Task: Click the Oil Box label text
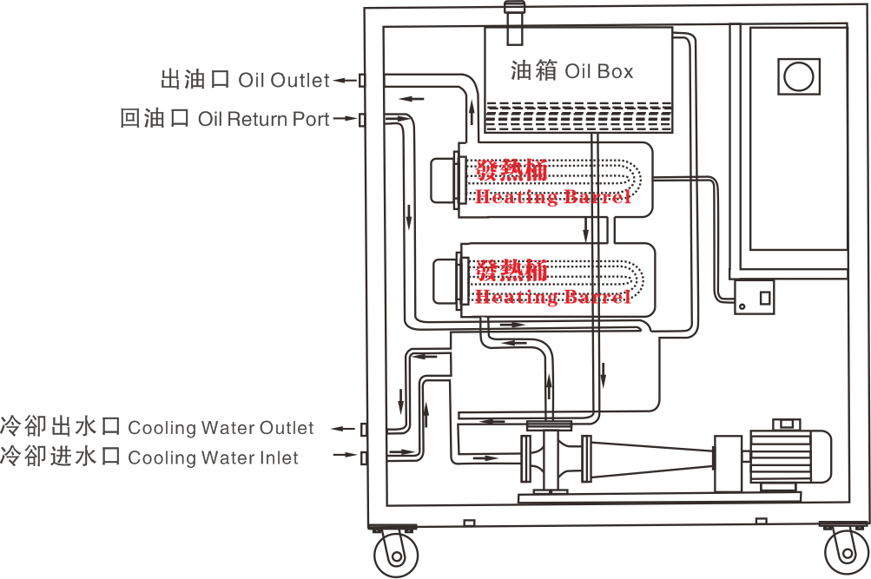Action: click(571, 71)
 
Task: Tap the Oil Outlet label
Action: click(246, 80)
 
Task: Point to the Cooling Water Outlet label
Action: click(157, 427)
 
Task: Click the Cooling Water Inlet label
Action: click(149, 457)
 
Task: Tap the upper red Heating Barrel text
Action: click(552, 184)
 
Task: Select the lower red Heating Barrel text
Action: click(552, 285)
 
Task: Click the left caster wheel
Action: click(392, 553)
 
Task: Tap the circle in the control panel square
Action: click(796, 77)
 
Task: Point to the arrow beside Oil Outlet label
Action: click(346, 80)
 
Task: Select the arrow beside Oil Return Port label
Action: click(346, 118)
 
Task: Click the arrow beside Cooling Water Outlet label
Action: click(346, 428)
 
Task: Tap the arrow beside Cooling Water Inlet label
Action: click(346, 456)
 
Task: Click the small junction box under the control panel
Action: click(752, 298)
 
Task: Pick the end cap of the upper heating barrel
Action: click(444, 180)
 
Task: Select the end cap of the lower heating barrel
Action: click(444, 280)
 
